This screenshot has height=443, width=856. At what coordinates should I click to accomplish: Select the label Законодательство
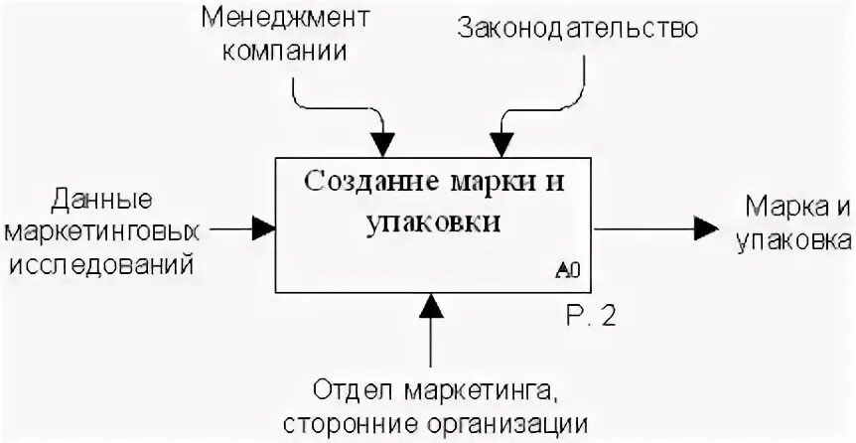pos(578,28)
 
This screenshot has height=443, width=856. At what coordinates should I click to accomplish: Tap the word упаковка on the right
pos(793,239)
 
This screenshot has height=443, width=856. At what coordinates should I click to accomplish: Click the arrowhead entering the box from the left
pos(264,228)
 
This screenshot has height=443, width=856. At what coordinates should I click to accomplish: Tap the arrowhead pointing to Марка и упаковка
pos(706,228)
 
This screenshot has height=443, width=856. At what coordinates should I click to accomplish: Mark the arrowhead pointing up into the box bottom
pos(430,305)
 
